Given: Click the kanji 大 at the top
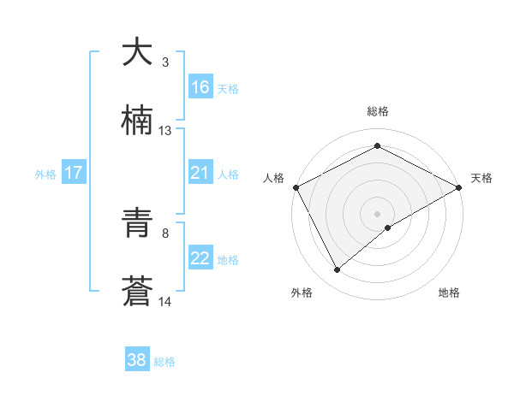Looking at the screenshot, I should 137,52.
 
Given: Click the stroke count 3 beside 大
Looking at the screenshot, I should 164,62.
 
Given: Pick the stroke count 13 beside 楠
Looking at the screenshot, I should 165,131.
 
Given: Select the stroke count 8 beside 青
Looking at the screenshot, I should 164,233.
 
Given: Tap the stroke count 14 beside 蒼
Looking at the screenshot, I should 165,301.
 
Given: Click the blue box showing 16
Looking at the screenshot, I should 200,87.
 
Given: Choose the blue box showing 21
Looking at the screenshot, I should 200,173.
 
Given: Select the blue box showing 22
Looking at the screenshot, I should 200,258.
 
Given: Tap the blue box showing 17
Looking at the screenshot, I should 74,173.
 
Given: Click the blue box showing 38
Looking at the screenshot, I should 137,360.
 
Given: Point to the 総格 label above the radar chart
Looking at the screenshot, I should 378,112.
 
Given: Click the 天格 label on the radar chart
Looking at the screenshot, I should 482,178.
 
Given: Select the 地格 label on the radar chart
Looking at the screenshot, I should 449,293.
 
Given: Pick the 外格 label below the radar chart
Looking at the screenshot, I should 302,293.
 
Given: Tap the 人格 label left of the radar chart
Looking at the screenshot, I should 274,178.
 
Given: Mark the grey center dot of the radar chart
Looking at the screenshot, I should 378,213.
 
